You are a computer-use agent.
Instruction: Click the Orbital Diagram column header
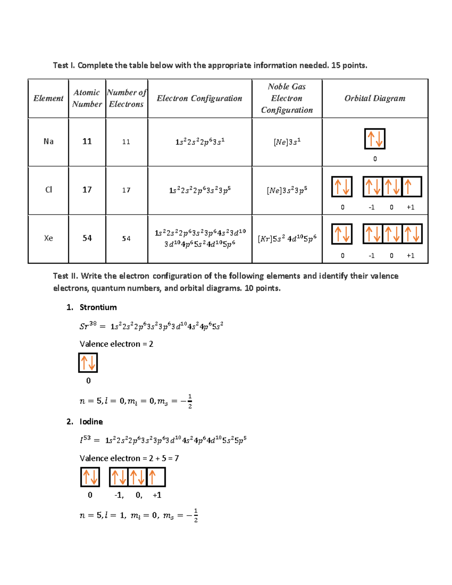coord(375,98)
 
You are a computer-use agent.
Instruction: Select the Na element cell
coord(48,142)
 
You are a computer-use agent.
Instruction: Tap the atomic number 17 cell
coord(87,190)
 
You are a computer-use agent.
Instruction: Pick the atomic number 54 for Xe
coord(87,238)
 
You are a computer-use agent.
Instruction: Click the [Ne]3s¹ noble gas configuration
coord(287,142)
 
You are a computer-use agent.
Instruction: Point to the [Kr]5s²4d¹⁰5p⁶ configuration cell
coord(287,238)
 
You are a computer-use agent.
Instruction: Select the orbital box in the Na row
coord(375,139)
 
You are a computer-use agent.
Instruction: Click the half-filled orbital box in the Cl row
coord(412,186)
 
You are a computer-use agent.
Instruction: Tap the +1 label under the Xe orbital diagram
coord(411,255)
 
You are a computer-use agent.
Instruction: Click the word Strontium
coord(98,307)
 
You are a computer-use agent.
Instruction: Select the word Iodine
coord(91,422)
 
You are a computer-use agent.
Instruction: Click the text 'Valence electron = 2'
coord(116,344)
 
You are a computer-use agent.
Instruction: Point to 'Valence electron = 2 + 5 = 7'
coord(129,458)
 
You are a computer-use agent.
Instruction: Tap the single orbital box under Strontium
coord(88,363)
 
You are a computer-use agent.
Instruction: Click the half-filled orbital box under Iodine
coord(156,477)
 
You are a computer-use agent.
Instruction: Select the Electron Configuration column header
coord(199,98)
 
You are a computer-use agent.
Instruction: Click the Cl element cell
coord(48,190)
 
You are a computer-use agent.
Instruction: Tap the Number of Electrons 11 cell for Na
coord(126,142)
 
